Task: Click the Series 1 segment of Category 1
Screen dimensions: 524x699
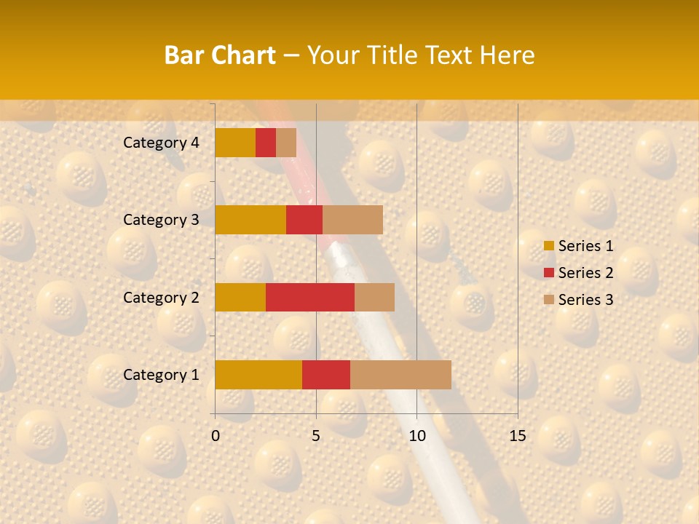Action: click(258, 374)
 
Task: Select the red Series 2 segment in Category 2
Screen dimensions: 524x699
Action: click(310, 297)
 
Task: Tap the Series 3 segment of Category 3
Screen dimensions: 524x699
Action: click(352, 220)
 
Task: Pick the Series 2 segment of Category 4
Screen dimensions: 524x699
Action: click(266, 143)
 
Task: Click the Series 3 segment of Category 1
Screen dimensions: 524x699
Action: click(400, 374)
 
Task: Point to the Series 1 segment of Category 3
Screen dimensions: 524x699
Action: click(250, 220)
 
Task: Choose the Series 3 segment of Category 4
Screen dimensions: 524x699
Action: click(286, 143)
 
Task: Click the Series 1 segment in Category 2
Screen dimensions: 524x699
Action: click(240, 297)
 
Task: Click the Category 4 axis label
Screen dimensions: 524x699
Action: click(161, 143)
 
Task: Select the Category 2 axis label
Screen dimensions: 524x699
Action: click(161, 297)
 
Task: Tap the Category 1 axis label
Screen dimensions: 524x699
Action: click(161, 375)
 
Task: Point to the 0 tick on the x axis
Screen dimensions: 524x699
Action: click(216, 436)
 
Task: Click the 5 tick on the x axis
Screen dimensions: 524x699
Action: click(316, 436)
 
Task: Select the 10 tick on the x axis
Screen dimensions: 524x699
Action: click(416, 436)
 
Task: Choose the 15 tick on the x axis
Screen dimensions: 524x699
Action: click(517, 436)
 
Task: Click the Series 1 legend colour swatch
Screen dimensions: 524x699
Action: click(549, 246)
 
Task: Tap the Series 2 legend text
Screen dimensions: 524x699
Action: click(585, 273)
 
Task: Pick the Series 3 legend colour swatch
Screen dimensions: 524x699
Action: click(549, 300)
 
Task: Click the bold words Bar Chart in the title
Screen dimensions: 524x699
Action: click(220, 55)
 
